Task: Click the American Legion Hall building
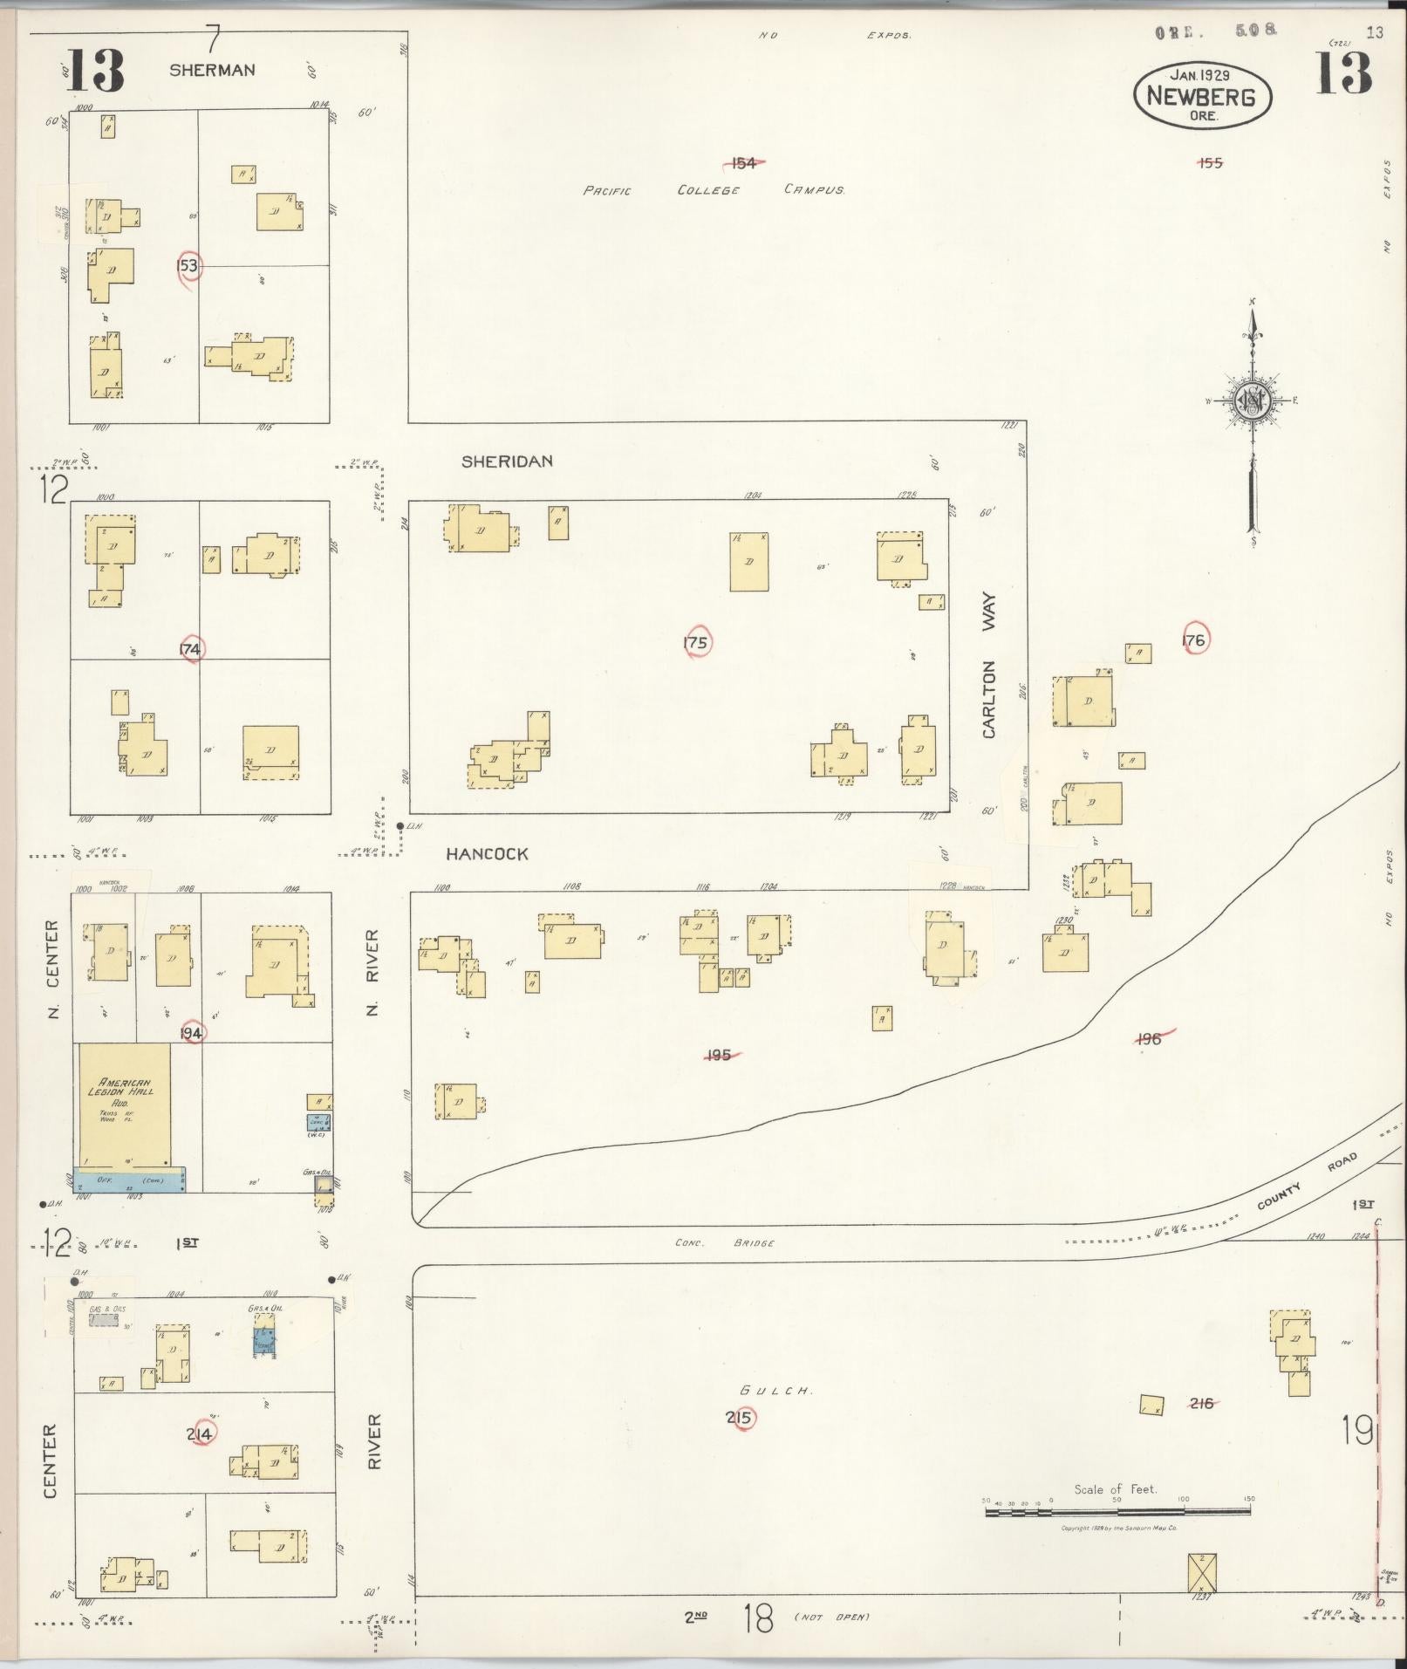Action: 125,1104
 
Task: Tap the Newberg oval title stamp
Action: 1201,96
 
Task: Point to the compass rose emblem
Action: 1253,400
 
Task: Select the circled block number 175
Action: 696,643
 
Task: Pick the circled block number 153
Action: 188,265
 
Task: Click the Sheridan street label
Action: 507,462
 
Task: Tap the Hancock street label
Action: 487,854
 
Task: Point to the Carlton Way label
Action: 989,667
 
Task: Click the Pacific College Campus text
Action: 713,189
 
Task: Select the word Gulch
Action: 775,1391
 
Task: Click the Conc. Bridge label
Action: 724,1242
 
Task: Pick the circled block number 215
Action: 741,1418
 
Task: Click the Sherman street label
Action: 212,71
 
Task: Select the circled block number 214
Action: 200,1433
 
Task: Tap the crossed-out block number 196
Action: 1150,1038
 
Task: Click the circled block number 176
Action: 1193,640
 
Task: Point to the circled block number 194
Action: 191,1033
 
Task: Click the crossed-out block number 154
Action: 743,163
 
